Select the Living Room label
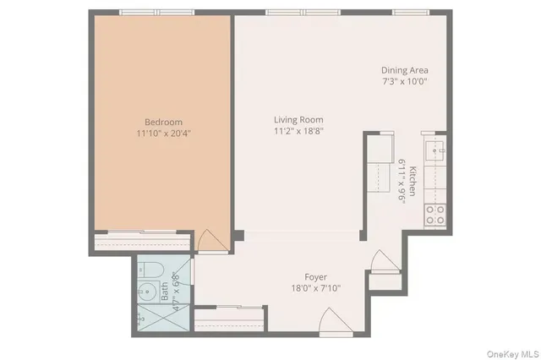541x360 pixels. click(298, 120)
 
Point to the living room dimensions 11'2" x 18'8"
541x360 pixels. click(298, 131)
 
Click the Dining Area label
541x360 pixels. click(404, 70)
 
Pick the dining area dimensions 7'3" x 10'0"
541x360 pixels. click(404, 82)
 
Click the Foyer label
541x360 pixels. click(315, 277)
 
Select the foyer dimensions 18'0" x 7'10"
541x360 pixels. click(315, 288)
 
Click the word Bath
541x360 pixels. click(165, 291)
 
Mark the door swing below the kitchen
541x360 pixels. click(382, 259)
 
